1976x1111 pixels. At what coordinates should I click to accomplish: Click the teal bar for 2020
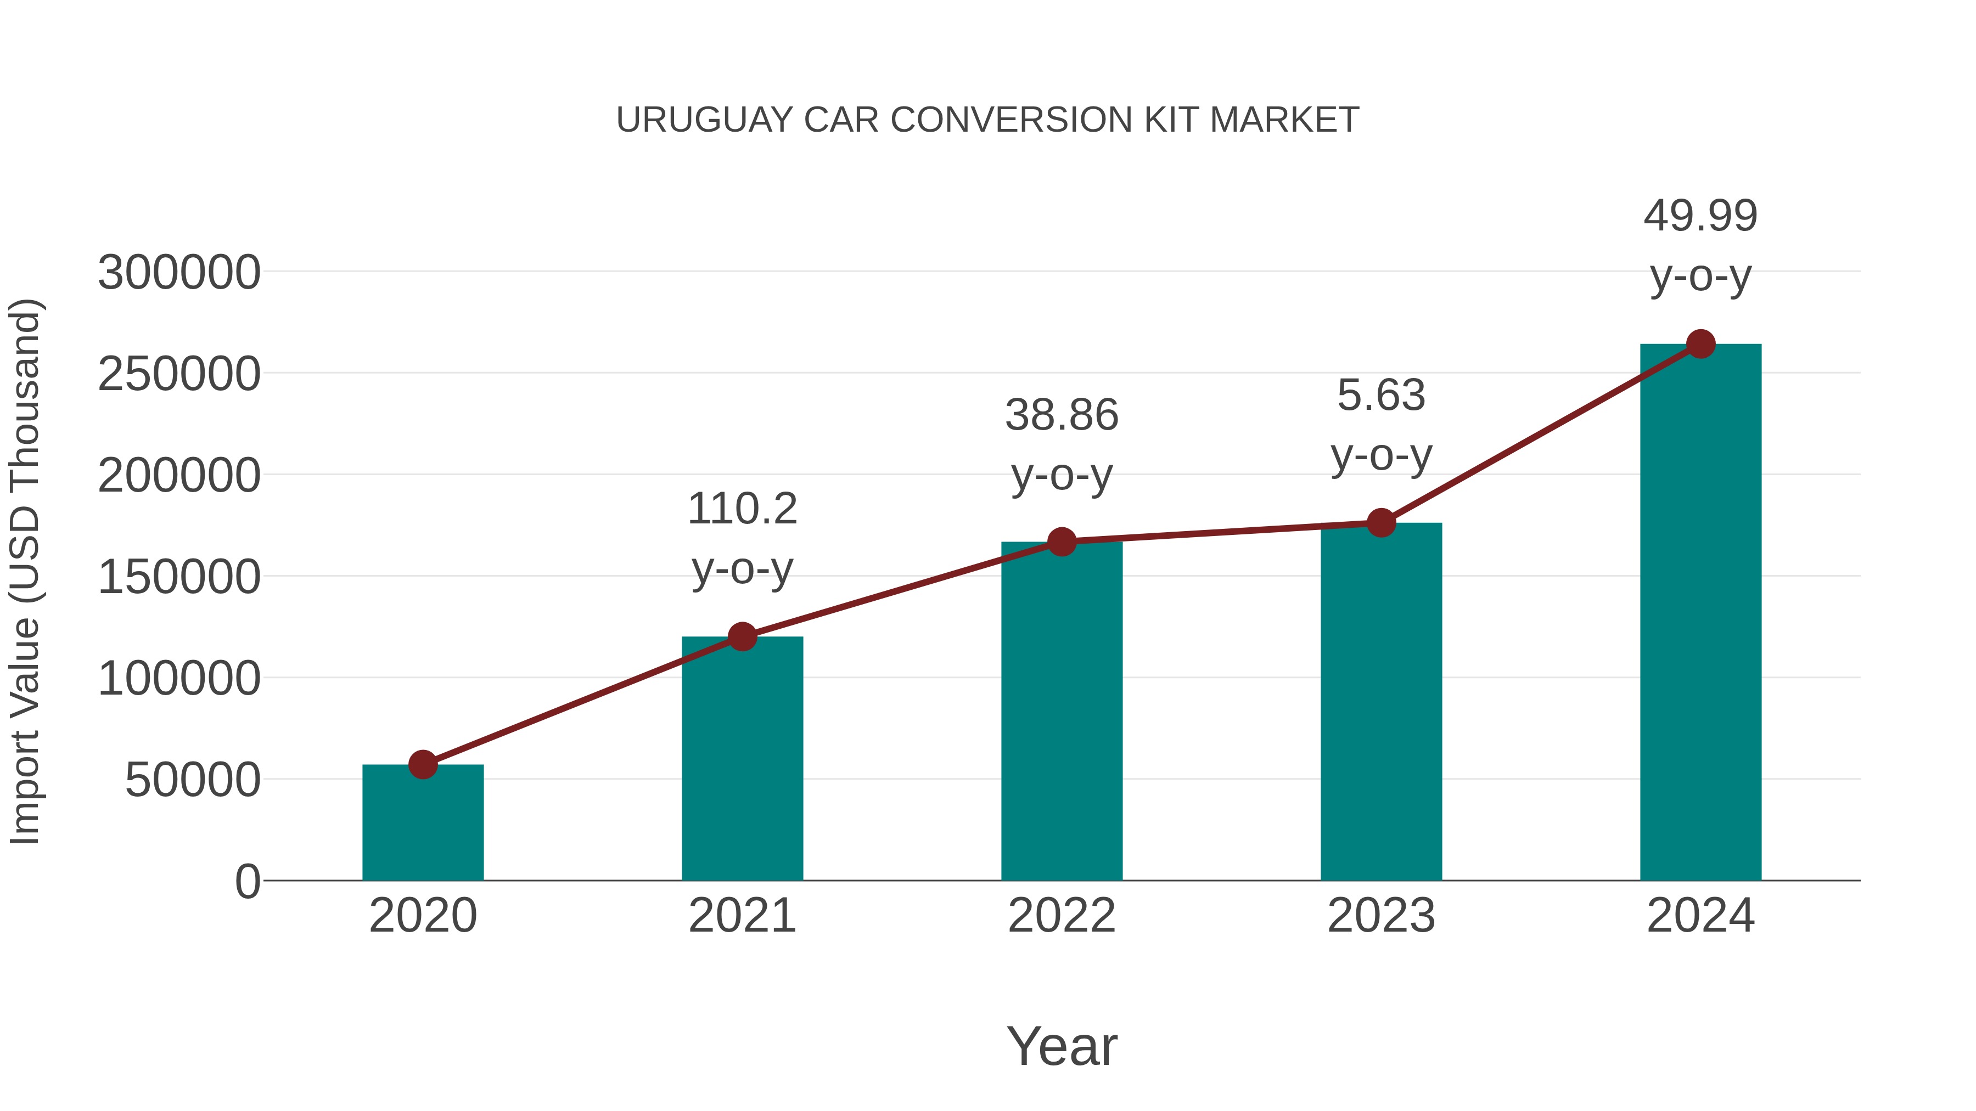423,824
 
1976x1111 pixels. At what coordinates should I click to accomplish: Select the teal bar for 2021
742,759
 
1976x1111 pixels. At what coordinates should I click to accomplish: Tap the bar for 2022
1062,713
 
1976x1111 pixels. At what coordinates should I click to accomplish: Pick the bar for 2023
1381,702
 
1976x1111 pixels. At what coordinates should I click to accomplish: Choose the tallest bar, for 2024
1700,613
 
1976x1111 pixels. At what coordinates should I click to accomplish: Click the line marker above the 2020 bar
423,764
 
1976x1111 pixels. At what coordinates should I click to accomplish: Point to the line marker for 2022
1062,542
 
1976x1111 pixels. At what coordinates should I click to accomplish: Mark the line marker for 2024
1700,344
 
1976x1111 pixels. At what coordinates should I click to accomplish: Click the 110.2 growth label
742,509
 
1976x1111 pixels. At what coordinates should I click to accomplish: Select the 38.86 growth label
1062,415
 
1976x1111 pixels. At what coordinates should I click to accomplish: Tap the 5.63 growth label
1381,396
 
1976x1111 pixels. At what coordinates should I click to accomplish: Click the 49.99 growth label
1700,216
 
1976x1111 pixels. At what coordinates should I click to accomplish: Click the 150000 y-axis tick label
179,577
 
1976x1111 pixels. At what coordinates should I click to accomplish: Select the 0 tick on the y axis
247,881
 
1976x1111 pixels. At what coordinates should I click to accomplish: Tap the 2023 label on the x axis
1381,916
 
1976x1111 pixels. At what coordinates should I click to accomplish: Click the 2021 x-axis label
742,916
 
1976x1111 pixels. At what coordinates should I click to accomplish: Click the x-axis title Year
1062,1046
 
